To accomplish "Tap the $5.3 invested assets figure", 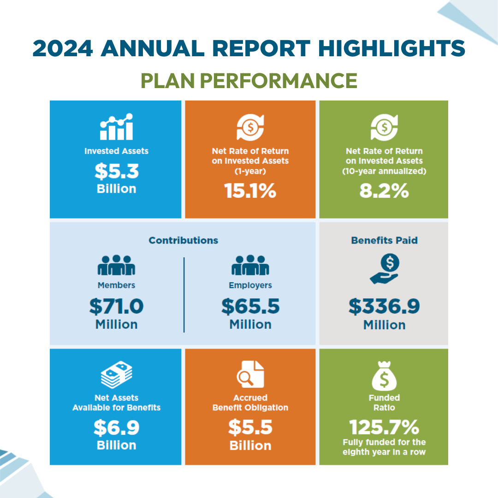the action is click(117, 171).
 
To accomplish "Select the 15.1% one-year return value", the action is click(250, 190).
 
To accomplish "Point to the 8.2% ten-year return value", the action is click(384, 190).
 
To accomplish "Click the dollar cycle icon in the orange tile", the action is click(250, 127).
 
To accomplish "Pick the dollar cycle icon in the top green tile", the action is click(384, 127).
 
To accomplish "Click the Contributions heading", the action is click(183, 240).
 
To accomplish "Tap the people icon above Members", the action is click(116, 265).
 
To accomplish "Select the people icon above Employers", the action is click(250, 265).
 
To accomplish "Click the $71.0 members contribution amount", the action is click(116, 306).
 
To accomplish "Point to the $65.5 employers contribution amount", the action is click(250, 306).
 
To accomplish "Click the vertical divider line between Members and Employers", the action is click(184, 295).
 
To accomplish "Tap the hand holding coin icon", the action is click(385, 269).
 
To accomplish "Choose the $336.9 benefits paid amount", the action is click(384, 306).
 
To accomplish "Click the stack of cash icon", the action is click(117, 374).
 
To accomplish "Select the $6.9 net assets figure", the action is click(117, 427).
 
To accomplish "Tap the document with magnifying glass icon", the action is click(250, 374).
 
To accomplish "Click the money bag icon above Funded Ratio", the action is click(384, 376).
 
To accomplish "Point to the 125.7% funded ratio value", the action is click(384, 427).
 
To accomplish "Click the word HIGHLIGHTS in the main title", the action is click(391, 48).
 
